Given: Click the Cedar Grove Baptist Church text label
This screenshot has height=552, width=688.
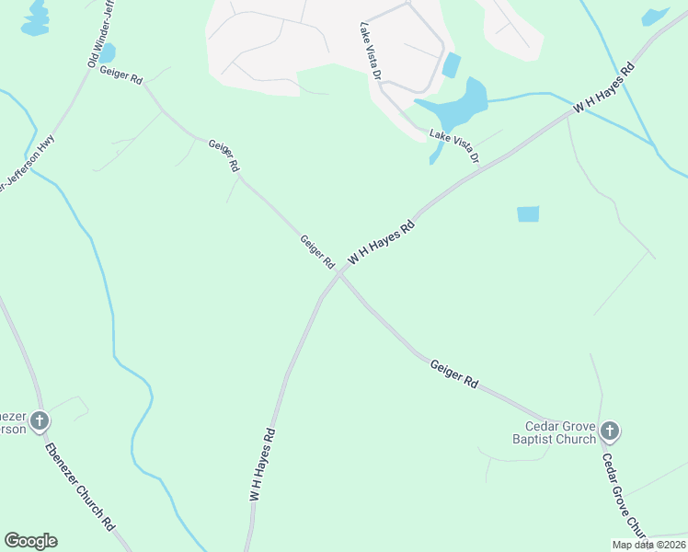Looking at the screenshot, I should (560, 432).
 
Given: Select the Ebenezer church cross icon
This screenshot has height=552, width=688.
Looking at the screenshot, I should (39, 421).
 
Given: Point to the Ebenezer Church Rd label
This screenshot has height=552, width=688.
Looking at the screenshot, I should (80, 486).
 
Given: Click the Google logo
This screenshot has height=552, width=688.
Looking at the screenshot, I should (30, 541).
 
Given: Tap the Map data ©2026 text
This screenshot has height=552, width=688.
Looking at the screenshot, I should (648, 545).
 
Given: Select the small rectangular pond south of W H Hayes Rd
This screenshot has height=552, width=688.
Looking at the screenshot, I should (528, 214).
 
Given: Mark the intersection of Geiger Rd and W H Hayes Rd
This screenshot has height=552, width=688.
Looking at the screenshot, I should (340, 273).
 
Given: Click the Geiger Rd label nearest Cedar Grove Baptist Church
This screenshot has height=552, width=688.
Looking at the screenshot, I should (454, 372).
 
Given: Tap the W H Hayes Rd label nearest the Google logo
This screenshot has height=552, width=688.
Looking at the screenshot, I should (262, 464).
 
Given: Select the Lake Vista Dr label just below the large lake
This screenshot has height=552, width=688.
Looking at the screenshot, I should (454, 145).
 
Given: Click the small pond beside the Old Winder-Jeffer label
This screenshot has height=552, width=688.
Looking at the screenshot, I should (108, 53).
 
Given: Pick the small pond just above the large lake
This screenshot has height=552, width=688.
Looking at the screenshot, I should (451, 65).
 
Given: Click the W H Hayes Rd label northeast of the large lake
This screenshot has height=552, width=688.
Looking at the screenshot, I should (604, 89).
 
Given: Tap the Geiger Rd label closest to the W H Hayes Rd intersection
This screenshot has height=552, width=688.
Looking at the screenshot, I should (317, 252).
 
